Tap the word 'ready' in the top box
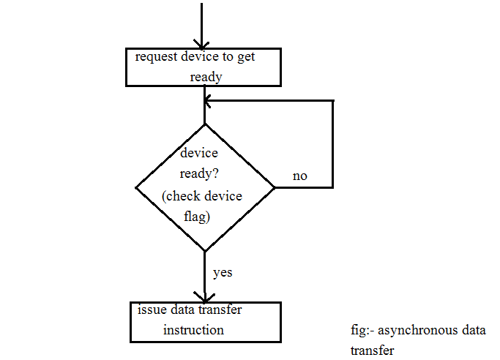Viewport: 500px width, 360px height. click(x=206, y=76)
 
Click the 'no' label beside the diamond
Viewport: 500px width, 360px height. click(x=300, y=176)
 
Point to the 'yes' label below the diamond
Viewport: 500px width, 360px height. click(x=223, y=272)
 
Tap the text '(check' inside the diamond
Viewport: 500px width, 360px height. click(x=180, y=195)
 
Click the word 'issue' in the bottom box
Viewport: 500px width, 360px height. click(x=152, y=310)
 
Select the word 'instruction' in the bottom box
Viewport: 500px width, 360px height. click(x=193, y=330)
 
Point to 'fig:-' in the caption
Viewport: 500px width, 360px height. click(x=364, y=331)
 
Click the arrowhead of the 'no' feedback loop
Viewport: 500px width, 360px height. click(x=209, y=100)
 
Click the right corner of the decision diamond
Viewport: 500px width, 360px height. click(x=275, y=187)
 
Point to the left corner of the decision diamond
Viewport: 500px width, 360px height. click(x=136, y=187)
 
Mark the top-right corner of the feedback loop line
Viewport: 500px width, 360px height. click(x=333, y=100)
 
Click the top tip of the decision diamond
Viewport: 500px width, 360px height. click(x=205, y=124)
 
